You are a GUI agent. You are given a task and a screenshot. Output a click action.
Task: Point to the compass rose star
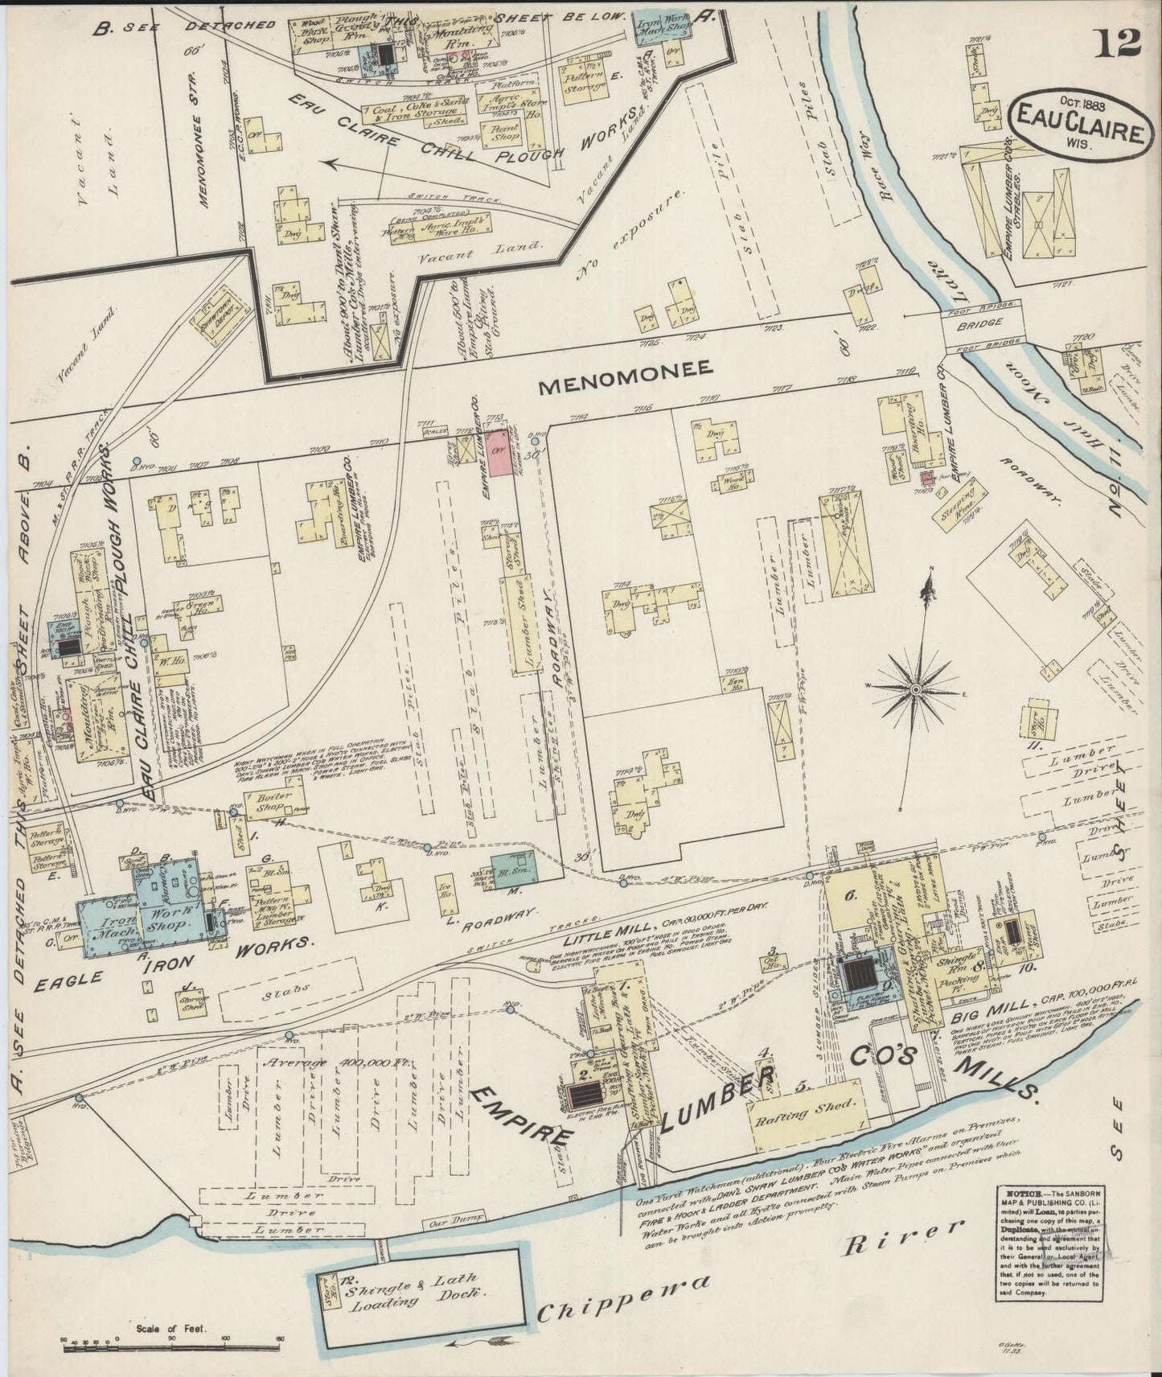pyautogui.click(x=916, y=689)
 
